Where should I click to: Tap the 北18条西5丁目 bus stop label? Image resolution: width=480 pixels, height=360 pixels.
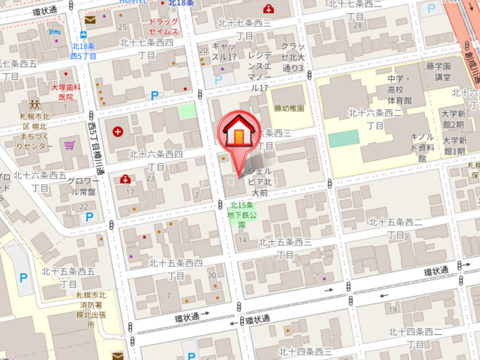83,52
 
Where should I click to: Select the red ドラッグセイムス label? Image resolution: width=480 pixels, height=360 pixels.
164,26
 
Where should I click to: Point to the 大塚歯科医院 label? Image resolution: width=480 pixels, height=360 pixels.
65,92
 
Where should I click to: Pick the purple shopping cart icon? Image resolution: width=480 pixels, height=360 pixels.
70,145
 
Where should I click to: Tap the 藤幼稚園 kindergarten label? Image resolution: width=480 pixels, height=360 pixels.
289,109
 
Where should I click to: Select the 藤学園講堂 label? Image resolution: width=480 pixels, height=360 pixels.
443,71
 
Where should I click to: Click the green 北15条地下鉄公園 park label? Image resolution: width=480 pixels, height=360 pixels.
242,215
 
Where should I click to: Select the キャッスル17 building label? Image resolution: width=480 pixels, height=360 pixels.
224,52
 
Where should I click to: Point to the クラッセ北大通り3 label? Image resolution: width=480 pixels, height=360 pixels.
293,57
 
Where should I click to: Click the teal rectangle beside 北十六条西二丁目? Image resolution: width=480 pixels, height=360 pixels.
344,138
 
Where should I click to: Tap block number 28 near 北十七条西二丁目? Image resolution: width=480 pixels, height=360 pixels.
358,25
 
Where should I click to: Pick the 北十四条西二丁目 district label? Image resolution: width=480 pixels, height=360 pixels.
415,338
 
